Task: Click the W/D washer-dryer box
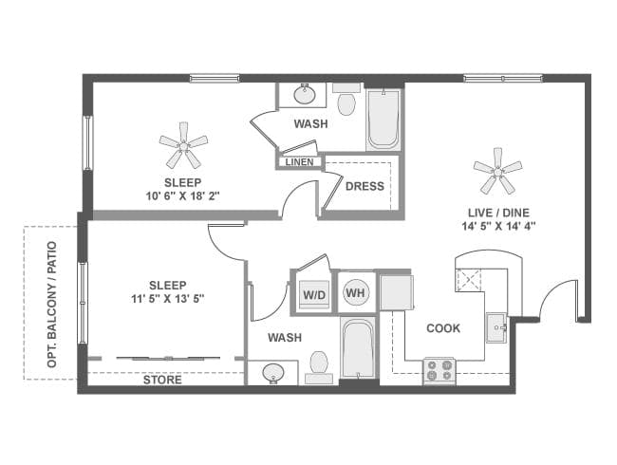coord(313,294)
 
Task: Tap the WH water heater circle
coord(356,293)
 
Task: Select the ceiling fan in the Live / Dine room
coord(497,173)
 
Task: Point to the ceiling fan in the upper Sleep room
coord(183,146)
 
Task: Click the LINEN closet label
coord(299,161)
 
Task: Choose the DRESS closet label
coord(365,186)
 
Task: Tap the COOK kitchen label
coord(443,328)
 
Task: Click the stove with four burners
coord(439,371)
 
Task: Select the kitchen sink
coord(497,327)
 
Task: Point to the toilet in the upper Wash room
coord(346,101)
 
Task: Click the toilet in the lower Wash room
coord(320,363)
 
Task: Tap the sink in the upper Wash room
coord(306,95)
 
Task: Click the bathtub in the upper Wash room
coord(383,119)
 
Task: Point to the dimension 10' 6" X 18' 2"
coord(183,196)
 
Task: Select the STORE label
coord(162,381)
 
